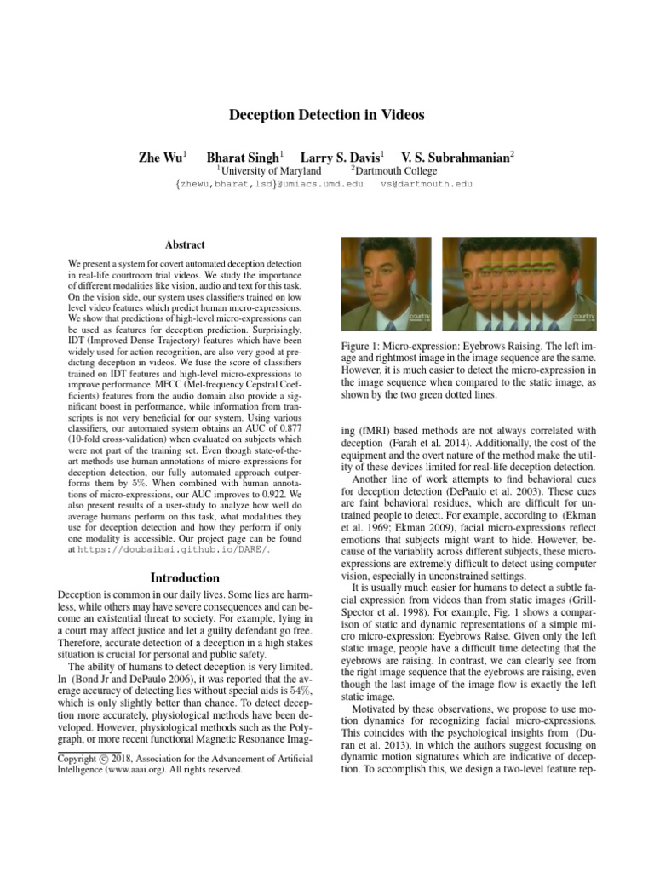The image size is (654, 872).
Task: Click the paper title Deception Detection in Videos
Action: click(327, 114)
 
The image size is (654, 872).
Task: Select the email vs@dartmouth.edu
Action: click(426, 184)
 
